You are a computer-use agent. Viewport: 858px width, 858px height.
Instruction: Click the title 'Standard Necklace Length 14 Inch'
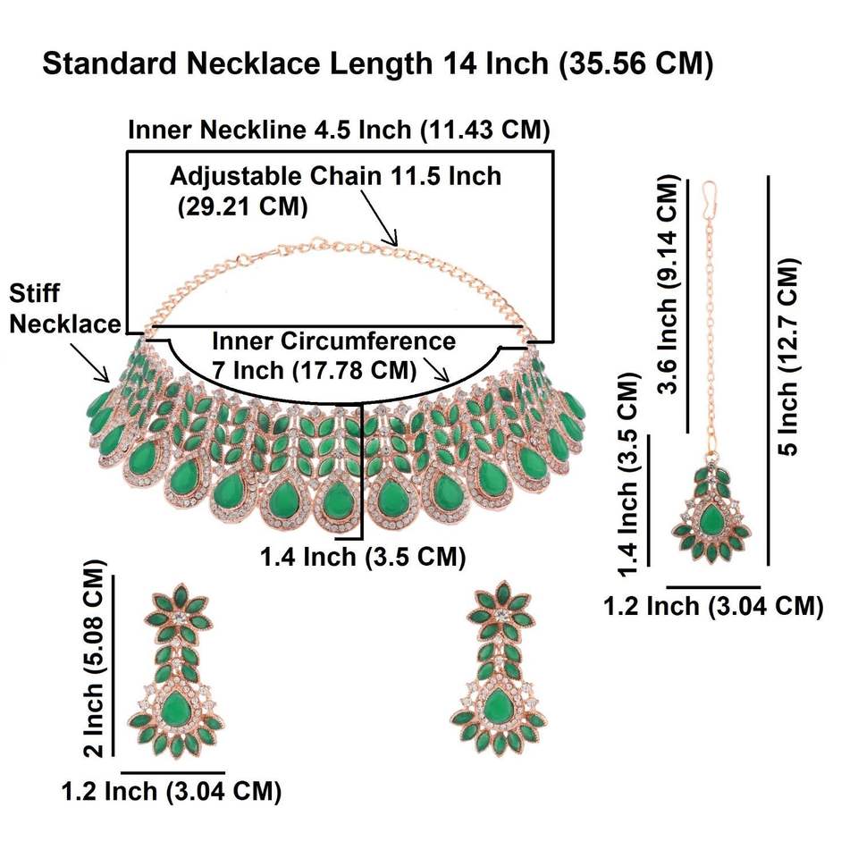(377, 65)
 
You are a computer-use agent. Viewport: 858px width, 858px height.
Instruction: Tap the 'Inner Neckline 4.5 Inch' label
(338, 130)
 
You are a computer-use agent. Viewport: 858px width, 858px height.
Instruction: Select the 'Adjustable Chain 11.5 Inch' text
(335, 175)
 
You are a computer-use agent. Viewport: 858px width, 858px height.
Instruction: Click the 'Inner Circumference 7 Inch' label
(333, 354)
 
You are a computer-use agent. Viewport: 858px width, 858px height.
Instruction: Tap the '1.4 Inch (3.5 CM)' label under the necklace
(362, 558)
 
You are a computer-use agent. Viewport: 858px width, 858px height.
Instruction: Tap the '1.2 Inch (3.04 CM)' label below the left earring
(172, 790)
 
